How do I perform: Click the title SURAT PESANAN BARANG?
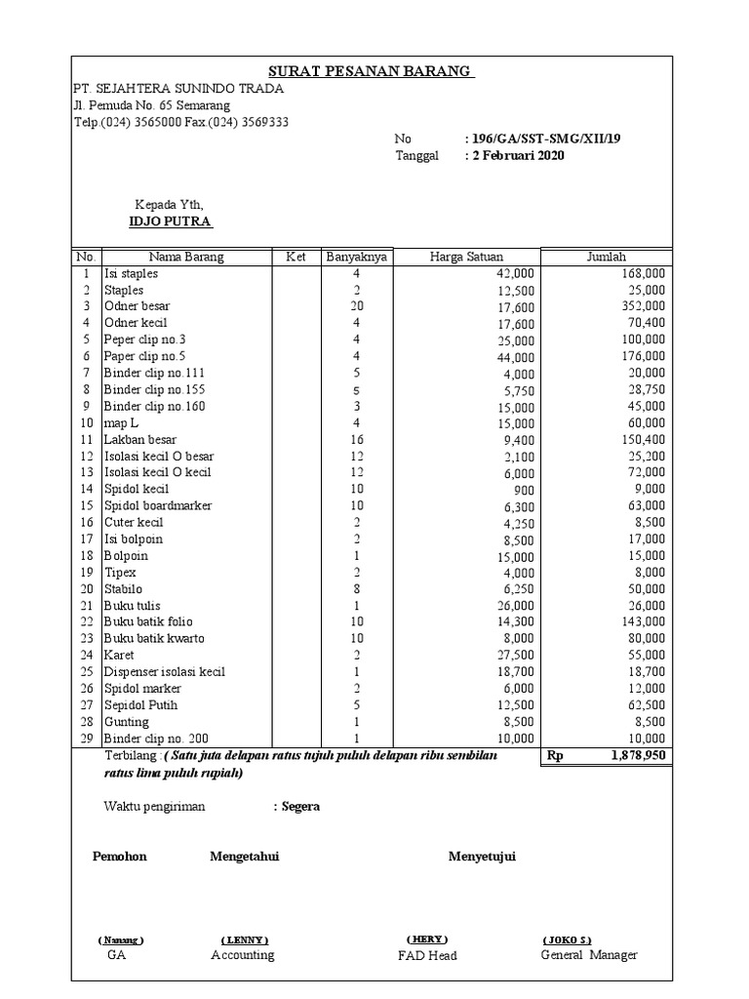372,72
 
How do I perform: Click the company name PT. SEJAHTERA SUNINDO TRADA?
178,89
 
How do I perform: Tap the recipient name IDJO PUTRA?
171,221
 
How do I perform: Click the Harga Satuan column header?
466,257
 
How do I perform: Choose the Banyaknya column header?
356,257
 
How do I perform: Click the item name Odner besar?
137,306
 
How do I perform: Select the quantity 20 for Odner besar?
356,306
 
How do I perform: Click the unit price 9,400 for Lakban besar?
516,440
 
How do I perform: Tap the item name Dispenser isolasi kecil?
165,672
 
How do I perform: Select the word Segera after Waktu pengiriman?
300,807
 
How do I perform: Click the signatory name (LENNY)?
245,939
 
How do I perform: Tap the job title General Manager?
589,955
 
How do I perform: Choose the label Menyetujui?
482,857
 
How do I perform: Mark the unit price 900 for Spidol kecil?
524,490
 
